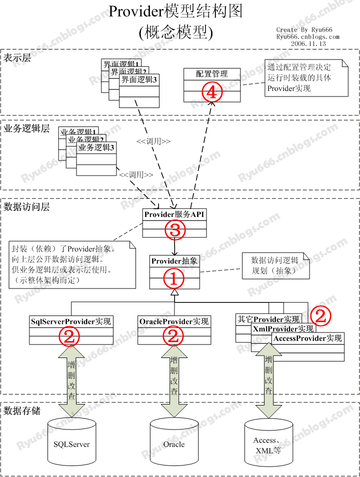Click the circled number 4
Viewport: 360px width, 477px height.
[211, 92]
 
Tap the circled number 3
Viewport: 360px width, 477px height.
[174, 230]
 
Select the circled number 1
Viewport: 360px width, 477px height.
[174, 279]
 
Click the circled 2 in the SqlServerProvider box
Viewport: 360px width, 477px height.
[70, 336]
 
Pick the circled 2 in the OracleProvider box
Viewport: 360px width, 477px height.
[173, 336]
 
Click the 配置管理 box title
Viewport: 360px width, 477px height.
[212, 73]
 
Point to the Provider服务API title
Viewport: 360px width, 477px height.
[174, 214]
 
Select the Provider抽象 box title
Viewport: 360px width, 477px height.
[174, 261]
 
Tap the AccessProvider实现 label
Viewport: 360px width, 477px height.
[307, 338]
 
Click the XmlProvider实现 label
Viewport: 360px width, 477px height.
[283, 328]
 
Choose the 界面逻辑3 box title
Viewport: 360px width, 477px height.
[139, 79]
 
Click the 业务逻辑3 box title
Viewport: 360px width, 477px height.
[96, 147]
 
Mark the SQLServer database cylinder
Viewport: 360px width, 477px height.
[71, 443]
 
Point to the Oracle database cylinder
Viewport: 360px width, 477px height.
[173, 444]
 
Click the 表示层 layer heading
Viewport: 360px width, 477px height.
[17, 57]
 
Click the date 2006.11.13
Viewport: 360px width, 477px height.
[308, 43]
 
